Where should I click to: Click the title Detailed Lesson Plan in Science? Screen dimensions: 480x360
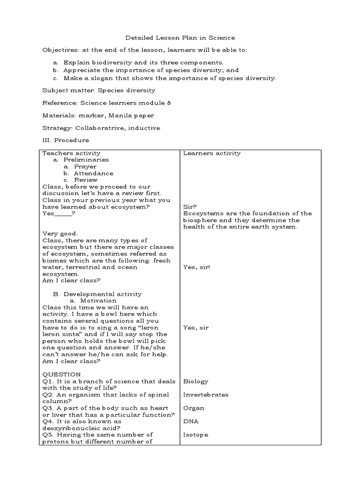(180, 37)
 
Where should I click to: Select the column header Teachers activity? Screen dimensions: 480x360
(71, 153)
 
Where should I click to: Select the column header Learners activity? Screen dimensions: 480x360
(212, 153)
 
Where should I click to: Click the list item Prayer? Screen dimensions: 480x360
(85, 166)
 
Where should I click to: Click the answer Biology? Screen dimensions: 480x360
(196, 382)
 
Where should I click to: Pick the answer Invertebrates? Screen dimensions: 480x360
(206, 395)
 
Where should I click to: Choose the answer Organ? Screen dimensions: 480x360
(194, 408)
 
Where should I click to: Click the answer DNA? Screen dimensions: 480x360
(191, 421)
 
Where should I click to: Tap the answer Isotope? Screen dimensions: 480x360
(195, 435)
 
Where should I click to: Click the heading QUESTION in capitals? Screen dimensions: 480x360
(61, 375)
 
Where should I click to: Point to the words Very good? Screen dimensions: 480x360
(60, 233)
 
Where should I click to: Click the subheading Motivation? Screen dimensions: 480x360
(98, 300)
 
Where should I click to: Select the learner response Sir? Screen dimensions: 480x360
(190, 207)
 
